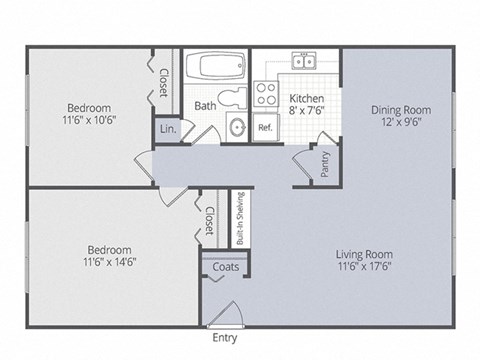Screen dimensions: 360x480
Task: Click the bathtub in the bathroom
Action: pyautogui.click(x=216, y=67)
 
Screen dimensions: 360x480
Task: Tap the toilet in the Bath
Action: pyautogui.click(x=236, y=97)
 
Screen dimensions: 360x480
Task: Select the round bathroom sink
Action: pyautogui.click(x=237, y=127)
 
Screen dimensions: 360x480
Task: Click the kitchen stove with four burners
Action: pyautogui.click(x=266, y=95)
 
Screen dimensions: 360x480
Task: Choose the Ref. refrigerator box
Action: pyautogui.click(x=266, y=128)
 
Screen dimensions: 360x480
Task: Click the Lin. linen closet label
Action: pyautogui.click(x=166, y=129)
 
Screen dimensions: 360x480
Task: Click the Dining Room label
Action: pyautogui.click(x=399, y=110)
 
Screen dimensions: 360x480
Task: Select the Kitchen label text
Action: pyautogui.click(x=306, y=98)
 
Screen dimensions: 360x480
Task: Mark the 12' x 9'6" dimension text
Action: pyautogui.click(x=399, y=123)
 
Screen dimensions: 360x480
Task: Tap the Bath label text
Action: pyautogui.click(x=205, y=105)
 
